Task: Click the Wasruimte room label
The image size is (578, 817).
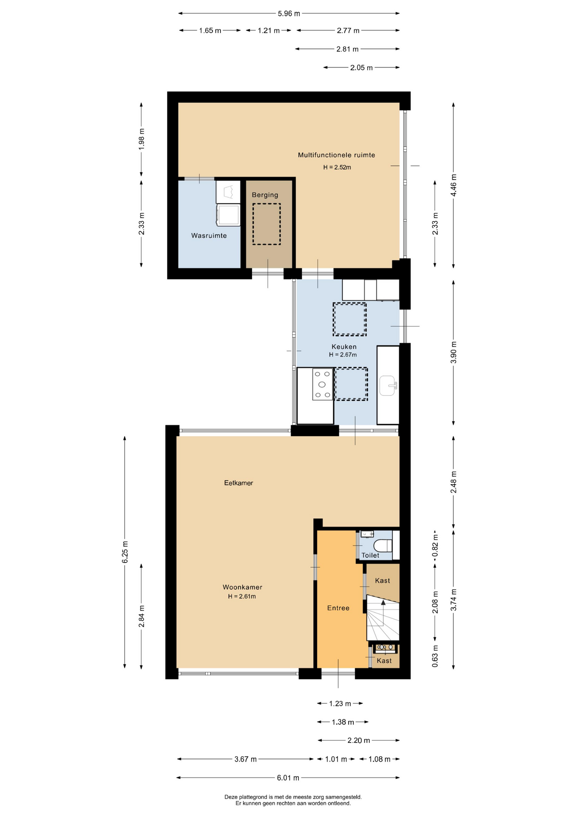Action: [209, 236]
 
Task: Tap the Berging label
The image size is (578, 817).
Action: [265, 195]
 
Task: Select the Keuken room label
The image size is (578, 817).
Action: [344, 347]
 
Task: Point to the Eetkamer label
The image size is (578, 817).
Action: [238, 483]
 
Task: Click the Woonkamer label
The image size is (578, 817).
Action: [242, 587]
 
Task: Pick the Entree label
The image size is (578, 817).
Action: [338, 608]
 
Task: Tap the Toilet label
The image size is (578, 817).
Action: [370, 555]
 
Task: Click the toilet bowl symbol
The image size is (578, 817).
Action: [383, 545]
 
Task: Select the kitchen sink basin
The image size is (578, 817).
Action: [388, 386]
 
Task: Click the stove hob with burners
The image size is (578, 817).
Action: [322, 385]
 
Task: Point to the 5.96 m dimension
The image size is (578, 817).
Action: [289, 14]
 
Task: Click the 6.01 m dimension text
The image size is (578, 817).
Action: [288, 778]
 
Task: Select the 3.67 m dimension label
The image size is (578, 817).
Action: [246, 759]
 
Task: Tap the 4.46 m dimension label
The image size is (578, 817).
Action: [454, 185]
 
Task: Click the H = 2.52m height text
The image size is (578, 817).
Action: [337, 167]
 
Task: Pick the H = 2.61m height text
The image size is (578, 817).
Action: [242, 597]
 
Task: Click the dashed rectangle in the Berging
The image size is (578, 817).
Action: [266, 224]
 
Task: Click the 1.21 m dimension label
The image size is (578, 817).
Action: [269, 31]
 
